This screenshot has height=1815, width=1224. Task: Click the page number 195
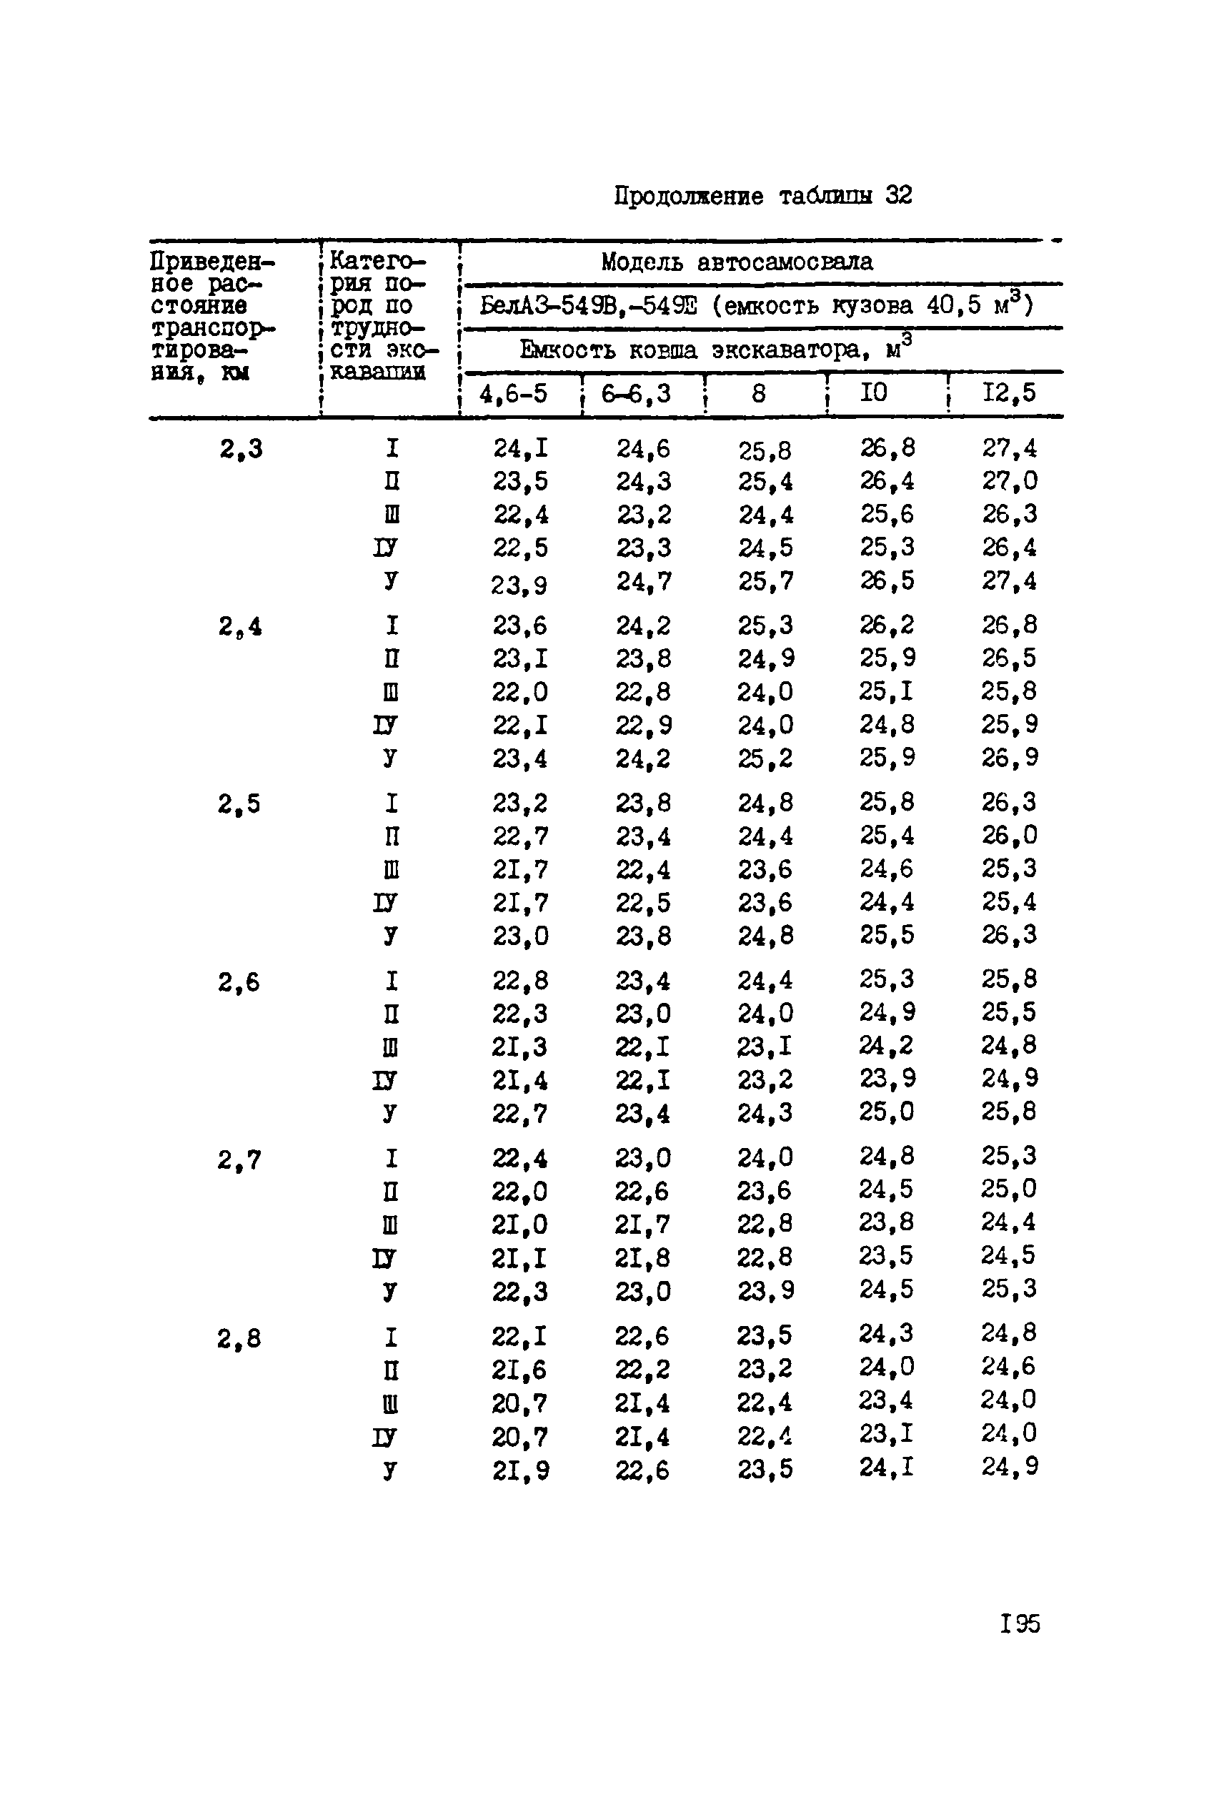pos(1020,1623)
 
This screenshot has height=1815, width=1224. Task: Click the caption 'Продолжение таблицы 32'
pos(762,195)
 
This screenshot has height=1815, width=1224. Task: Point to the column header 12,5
pos(1008,392)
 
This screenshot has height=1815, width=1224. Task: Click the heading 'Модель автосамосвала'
pos(737,262)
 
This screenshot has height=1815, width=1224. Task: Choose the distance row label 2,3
pos(240,449)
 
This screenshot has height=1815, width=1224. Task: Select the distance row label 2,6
pos(239,981)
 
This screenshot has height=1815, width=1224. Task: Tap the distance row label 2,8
pos(239,1340)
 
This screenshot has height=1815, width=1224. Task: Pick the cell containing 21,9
pos(520,1472)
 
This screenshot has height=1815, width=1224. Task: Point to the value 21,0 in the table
pos(519,1225)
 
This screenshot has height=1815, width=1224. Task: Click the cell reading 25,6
pos(887,514)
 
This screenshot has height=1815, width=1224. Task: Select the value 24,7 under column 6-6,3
pos(643,581)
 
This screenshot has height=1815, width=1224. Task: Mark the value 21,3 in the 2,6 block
pos(519,1047)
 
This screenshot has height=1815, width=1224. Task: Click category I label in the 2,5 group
pos(391,803)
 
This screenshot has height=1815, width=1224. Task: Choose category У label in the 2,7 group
pos(389,1292)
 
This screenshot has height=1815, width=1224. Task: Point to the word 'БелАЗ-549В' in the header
pos(539,305)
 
